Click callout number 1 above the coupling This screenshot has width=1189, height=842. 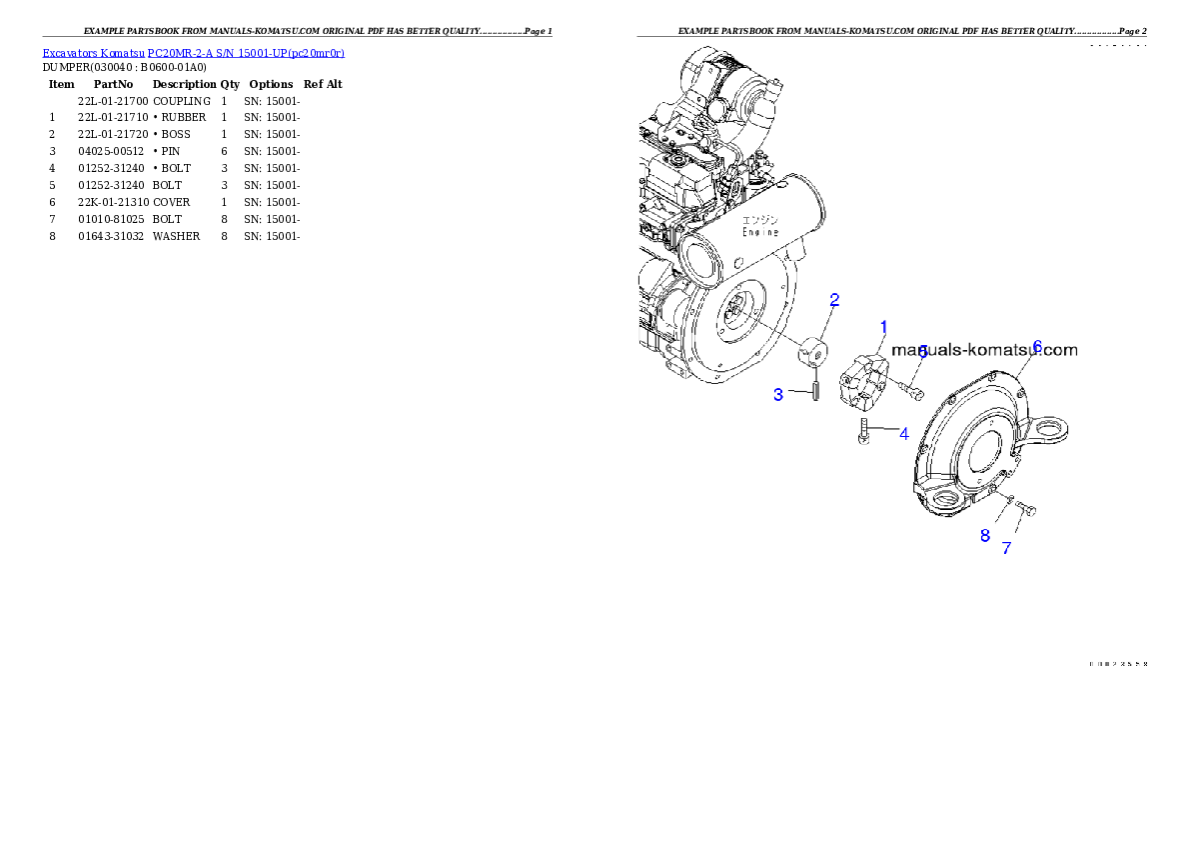(x=883, y=327)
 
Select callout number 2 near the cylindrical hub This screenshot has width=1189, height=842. (x=834, y=299)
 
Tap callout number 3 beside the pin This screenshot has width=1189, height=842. (x=778, y=395)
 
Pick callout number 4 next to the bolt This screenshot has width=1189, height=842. (x=903, y=434)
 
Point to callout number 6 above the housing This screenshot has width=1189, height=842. (x=1037, y=346)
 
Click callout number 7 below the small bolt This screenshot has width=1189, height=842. (x=1006, y=548)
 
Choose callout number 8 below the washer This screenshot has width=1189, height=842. (x=984, y=536)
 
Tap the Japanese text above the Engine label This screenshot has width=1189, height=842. (x=760, y=216)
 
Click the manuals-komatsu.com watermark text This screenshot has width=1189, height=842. (x=984, y=350)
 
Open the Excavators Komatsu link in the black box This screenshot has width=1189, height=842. (x=193, y=53)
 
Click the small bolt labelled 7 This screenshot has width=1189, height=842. (x=1025, y=509)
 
